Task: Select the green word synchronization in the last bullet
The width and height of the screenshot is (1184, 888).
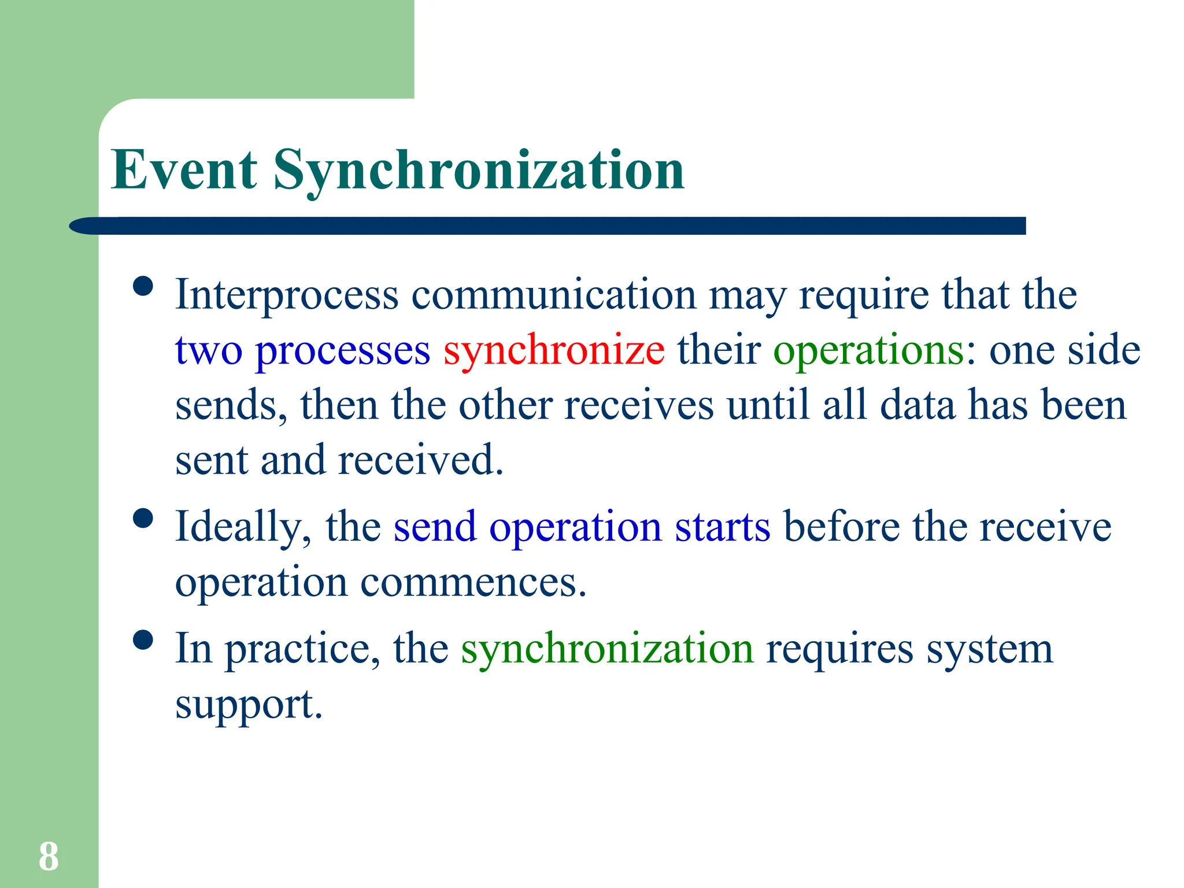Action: click(x=607, y=649)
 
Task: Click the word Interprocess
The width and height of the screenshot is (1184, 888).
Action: click(x=287, y=295)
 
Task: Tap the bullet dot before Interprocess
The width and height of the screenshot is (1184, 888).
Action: click(x=143, y=286)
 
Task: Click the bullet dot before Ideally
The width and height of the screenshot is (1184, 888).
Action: click(x=143, y=518)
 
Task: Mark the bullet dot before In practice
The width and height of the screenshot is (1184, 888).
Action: click(x=143, y=640)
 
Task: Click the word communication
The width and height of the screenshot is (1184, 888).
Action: click(x=554, y=295)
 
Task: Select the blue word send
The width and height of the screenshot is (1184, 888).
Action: click(x=435, y=527)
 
